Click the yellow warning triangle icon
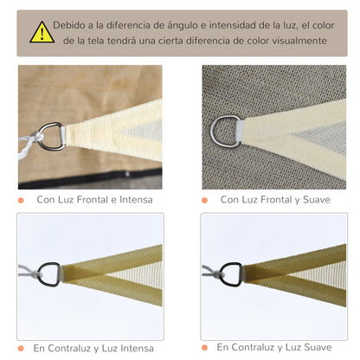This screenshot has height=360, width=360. [42, 33]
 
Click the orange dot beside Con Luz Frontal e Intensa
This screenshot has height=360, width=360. [21, 200]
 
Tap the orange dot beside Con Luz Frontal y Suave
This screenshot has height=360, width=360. [204, 200]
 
